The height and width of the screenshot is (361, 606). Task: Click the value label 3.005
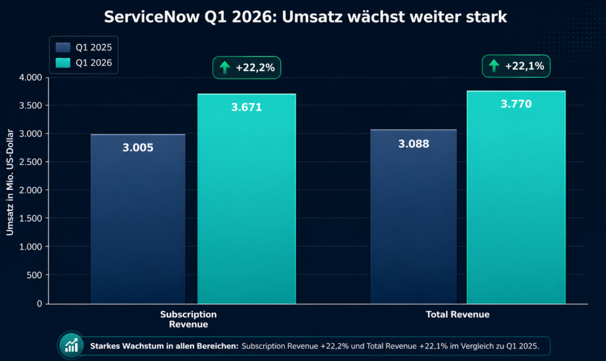(138, 148)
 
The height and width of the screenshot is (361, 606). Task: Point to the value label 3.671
(246, 108)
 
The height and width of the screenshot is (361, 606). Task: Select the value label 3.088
(414, 144)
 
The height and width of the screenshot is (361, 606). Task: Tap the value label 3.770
(516, 105)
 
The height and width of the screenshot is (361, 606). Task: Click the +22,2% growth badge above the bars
(247, 67)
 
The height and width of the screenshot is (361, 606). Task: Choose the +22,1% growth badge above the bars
(516, 66)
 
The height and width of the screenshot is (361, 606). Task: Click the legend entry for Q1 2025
(83, 46)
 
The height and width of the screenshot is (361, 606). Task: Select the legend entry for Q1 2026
(83, 63)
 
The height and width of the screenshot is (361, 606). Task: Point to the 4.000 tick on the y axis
(31, 78)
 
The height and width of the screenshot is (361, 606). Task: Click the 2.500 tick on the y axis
(31, 162)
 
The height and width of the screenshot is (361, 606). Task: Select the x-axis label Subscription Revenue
(188, 319)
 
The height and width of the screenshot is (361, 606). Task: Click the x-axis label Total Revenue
(457, 315)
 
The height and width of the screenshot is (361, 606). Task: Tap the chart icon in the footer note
(72, 345)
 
